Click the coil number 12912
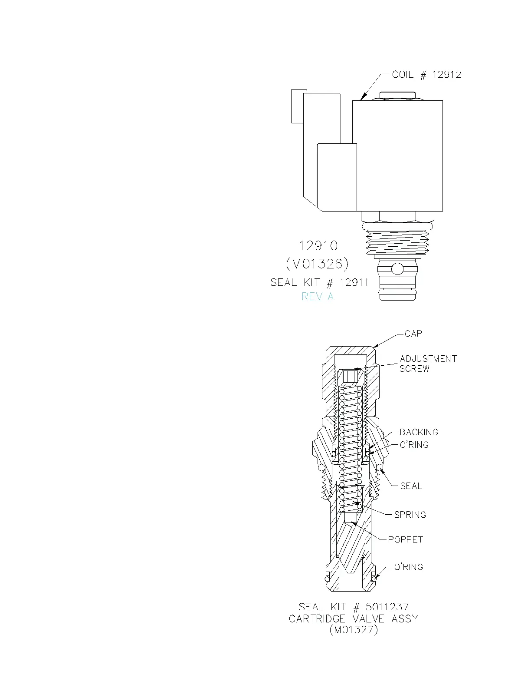447,75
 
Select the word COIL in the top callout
403,75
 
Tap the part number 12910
318,246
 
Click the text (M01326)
318,264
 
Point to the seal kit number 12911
354,282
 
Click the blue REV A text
318,297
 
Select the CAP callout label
413,334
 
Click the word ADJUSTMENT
428,359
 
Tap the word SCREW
414,369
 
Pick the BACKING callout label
419,432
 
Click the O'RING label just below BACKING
414,445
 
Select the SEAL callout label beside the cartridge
411,486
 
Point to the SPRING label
410,515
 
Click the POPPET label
405,539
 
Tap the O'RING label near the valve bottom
408,567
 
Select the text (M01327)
354,630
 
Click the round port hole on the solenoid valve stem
397,269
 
